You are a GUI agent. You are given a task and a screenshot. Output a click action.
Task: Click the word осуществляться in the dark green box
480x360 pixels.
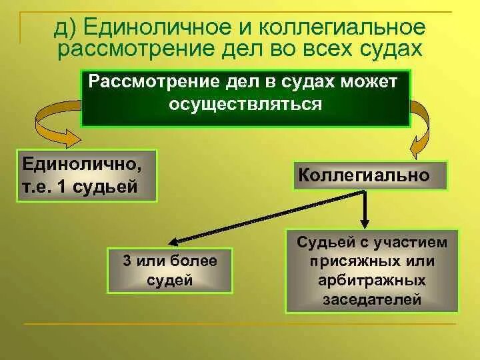(245, 105)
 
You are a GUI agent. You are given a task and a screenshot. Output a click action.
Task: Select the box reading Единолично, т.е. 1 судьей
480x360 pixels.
(86, 175)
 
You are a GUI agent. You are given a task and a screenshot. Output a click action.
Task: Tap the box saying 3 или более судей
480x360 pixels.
(170, 270)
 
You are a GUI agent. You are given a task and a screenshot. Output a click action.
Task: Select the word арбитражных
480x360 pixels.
(371, 280)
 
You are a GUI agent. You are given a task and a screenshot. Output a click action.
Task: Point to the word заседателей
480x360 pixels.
(371, 299)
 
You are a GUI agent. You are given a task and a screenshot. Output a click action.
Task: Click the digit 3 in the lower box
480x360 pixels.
(126, 261)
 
